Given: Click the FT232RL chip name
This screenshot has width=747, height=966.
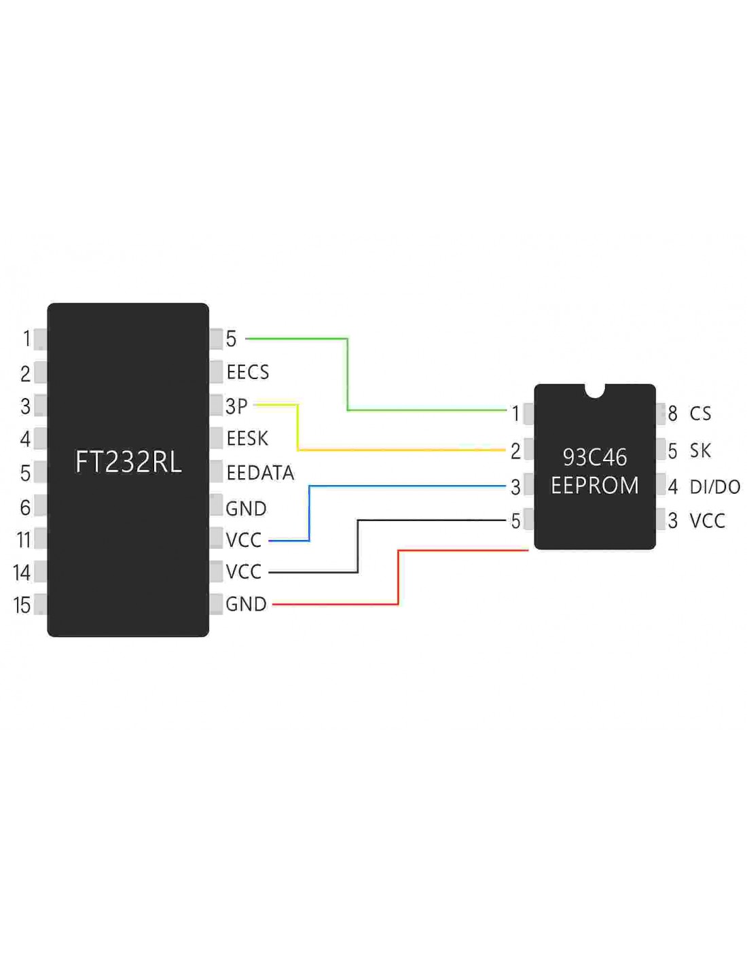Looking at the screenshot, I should click(x=128, y=462).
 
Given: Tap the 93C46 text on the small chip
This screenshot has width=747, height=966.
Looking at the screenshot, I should click(x=594, y=457).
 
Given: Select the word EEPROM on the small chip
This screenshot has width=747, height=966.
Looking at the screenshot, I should click(x=594, y=486).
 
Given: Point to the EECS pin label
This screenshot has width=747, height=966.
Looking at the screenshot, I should click(x=248, y=372).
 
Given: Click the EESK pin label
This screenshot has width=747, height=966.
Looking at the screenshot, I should click(x=247, y=439).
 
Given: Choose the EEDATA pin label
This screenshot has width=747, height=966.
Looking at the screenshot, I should click(x=260, y=473).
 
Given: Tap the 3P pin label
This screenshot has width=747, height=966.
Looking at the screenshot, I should click(x=236, y=406).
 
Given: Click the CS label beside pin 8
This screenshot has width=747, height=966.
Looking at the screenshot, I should click(x=700, y=414).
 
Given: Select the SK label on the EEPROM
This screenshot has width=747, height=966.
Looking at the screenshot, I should click(x=700, y=450).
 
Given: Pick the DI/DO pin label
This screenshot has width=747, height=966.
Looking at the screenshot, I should click(x=714, y=487).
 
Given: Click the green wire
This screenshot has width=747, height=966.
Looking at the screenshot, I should click(x=348, y=374).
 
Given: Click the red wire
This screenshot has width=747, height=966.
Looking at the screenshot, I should click(x=398, y=577).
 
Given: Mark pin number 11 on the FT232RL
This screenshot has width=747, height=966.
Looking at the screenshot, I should click(x=24, y=540).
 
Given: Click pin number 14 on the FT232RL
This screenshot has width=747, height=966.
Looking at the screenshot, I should click(x=22, y=573).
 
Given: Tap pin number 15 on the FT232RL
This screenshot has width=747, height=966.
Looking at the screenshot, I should click(x=22, y=605).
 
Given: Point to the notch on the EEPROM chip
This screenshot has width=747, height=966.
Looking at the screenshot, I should click(x=594, y=390).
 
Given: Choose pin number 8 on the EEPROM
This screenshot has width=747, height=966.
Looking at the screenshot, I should click(x=672, y=414).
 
